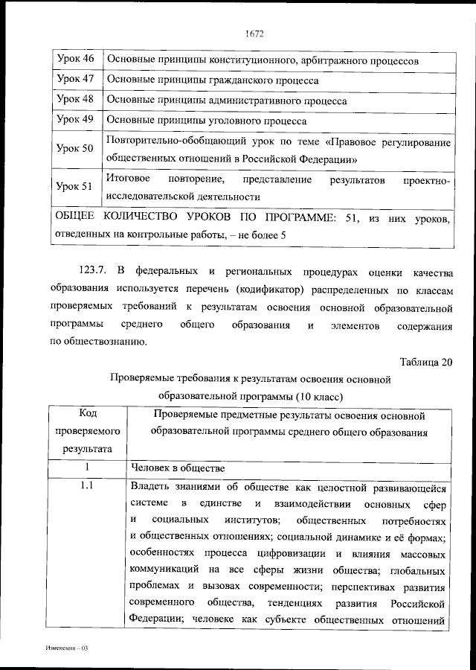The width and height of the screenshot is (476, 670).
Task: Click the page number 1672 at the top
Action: (x=254, y=33)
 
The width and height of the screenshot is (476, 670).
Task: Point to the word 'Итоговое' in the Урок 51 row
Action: (x=129, y=179)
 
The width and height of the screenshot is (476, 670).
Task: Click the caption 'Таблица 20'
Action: (x=425, y=363)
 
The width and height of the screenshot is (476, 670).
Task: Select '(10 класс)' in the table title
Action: (x=321, y=395)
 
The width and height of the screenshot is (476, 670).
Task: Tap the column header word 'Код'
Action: (x=87, y=414)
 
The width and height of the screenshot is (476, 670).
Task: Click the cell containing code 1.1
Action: (x=87, y=487)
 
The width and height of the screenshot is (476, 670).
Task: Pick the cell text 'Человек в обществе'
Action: (x=176, y=468)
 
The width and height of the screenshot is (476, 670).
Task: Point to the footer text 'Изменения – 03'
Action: (x=66, y=648)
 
